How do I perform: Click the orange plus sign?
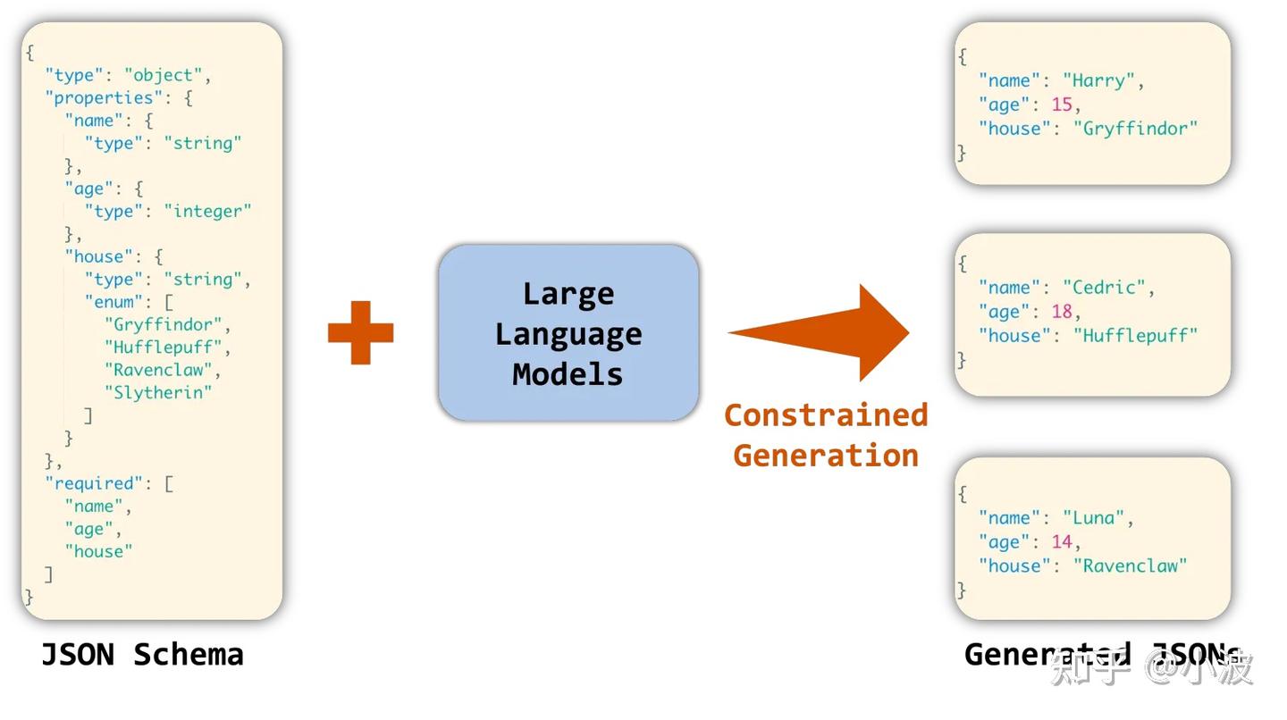[x=361, y=332]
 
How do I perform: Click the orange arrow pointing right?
[x=819, y=332]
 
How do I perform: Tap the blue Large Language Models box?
[x=568, y=333]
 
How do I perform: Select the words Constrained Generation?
[x=826, y=435]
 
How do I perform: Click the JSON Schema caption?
[x=142, y=655]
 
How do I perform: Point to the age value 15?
[x=1062, y=105]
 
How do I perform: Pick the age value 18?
[x=1062, y=312]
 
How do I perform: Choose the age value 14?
[x=1062, y=542]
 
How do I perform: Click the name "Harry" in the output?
[x=1098, y=81]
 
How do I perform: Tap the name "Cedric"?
[x=1104, y=287]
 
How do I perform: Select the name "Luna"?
[x=1093, y=518]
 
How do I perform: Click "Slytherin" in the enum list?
[x=158, y=393]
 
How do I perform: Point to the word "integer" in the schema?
[x=207, y=212]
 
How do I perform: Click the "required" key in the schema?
[x=94, y=483]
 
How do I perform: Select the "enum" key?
[x=114, y=302]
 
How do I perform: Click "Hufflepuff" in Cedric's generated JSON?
[x=1135, y=336]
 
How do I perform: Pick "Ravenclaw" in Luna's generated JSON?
[x=1130, y=566]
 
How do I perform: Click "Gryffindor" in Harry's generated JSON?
[x=1135, y=129]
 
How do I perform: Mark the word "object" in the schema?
[x=164, y=76]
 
